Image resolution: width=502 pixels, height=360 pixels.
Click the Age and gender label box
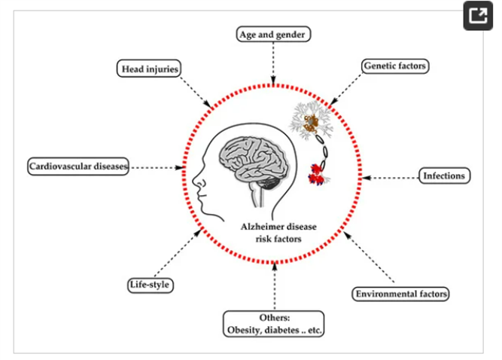pos(273,34)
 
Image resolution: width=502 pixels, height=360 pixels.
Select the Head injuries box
pos(151,69)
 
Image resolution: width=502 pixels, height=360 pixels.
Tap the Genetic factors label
pos(394,66)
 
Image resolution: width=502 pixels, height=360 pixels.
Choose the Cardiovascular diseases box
pos(79,165)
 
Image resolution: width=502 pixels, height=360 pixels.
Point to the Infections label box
pos(444,175)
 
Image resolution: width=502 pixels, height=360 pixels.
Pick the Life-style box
pos(149,285)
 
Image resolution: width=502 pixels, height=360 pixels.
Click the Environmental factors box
pos(400,293)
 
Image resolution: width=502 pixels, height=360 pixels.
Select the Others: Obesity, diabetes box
pos(274,324)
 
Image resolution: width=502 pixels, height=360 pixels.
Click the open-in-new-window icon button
pos(477,17)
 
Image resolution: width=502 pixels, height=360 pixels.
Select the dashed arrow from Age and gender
pos(273,65)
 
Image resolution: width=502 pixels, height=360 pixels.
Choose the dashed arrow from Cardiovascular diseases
pos(156,166)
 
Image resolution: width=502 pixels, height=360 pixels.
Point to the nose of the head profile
pos(195,181)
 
